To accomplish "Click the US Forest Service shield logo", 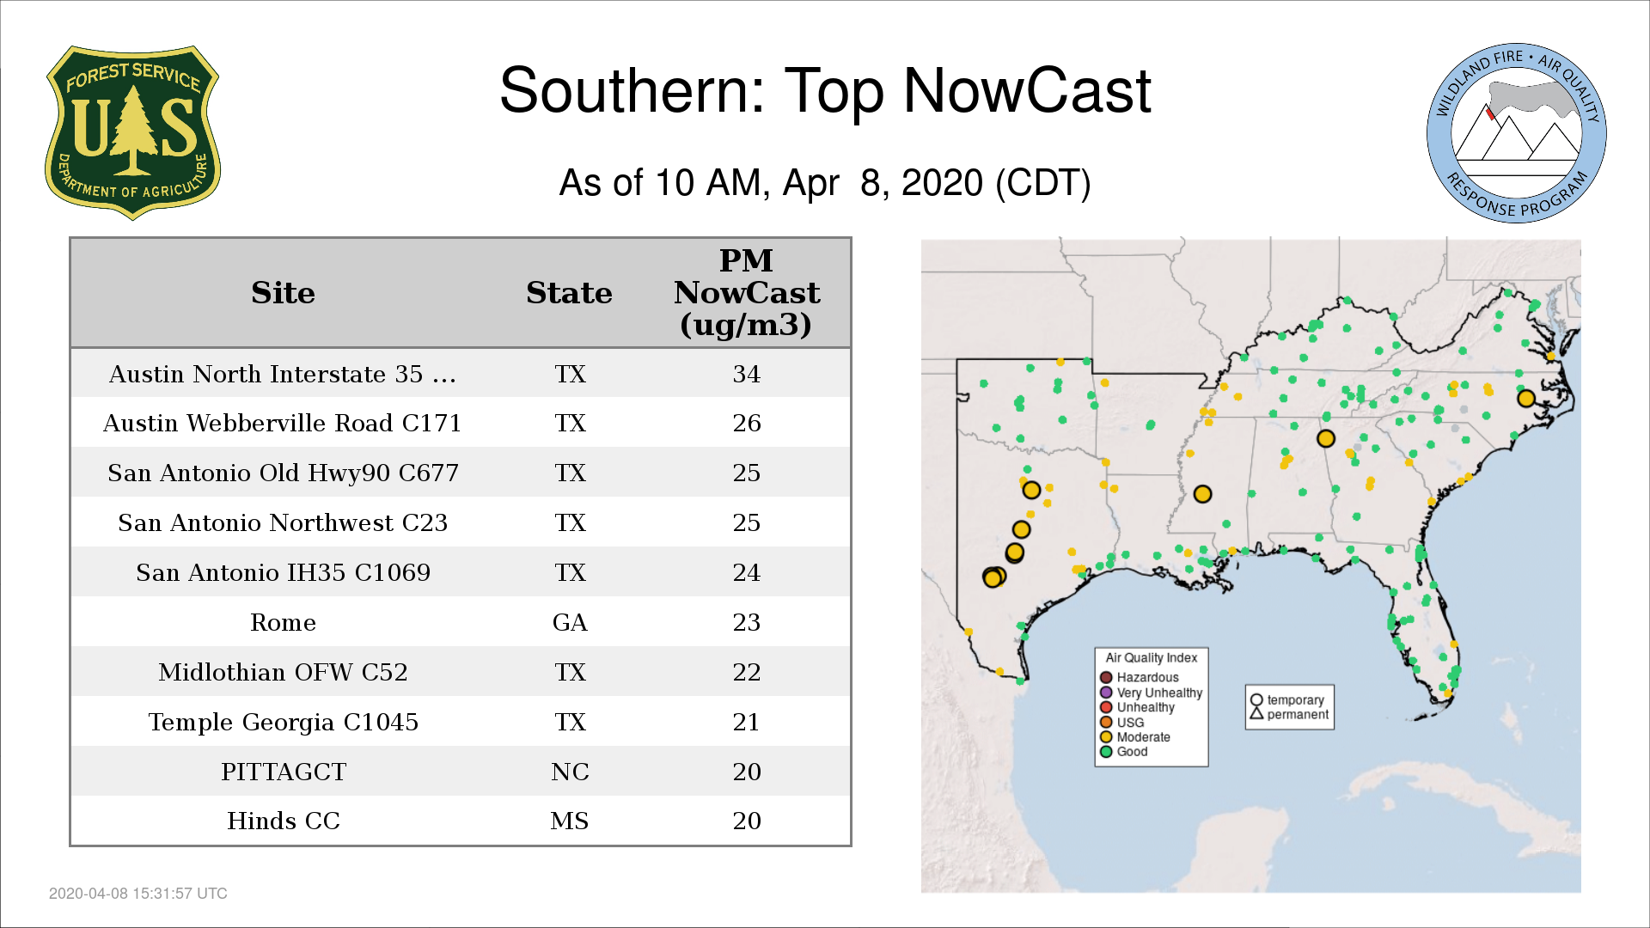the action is (x=132, y=132).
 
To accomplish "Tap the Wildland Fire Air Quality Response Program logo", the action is (x=1516, y=133).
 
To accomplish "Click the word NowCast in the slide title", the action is (x=1027, y=90).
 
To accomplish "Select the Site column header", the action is (x=283, y=293).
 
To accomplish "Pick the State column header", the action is (x=569, y=293).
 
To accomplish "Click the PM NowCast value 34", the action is (x=746, y=374).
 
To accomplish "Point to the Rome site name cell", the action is (x=283, y=622).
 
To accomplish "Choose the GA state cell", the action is (x=570, y=622).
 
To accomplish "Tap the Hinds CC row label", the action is (x=283, y=821).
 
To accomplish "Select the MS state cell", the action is (x=570, y=821).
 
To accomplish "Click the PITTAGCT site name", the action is (x=283, y=772).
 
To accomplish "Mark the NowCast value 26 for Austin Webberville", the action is (x=746, y=423).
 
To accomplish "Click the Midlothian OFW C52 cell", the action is (x=283, y=672).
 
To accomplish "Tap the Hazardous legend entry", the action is (x=1140, y=677).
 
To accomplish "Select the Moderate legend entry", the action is (x=1135, y=736).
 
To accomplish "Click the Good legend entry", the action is (x=1124, y=751).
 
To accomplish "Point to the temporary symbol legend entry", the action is (x=1287, y=699).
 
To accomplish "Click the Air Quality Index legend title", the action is (x=1151, y=657).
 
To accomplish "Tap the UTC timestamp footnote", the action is (x=138, y=894).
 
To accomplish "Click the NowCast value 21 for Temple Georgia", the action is (x=746, y=722).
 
